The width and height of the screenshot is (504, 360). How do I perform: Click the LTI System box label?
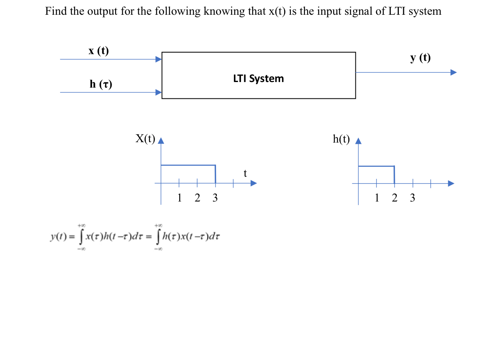(258, 78)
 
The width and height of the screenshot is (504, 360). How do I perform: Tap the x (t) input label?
(98, 51)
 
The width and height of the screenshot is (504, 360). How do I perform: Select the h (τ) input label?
(101, 84)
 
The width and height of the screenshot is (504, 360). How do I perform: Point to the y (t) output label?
(420, 58)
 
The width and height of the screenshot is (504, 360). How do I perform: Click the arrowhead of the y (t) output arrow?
(453, 72)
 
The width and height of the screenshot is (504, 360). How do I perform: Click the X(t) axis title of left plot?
(145, 139)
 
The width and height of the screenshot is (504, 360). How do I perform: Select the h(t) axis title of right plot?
(341, 139)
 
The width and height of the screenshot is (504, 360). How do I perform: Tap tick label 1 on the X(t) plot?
(179, 198)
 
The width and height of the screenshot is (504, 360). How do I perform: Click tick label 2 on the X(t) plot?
(197, 198)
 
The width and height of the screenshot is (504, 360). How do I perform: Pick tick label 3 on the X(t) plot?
(215, 198)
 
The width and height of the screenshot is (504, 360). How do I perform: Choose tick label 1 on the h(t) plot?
(377, 198)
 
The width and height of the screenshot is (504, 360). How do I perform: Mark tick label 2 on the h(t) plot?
(394, 198)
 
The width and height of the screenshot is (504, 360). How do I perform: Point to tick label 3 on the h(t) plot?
(412, 198)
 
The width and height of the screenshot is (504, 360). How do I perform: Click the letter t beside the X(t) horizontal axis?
(245, 174)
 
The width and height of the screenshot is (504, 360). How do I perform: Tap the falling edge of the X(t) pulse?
(216, 174)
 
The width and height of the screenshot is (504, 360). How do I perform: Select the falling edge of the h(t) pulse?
(394, 174)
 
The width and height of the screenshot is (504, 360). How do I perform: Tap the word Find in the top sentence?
(56, 11)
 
